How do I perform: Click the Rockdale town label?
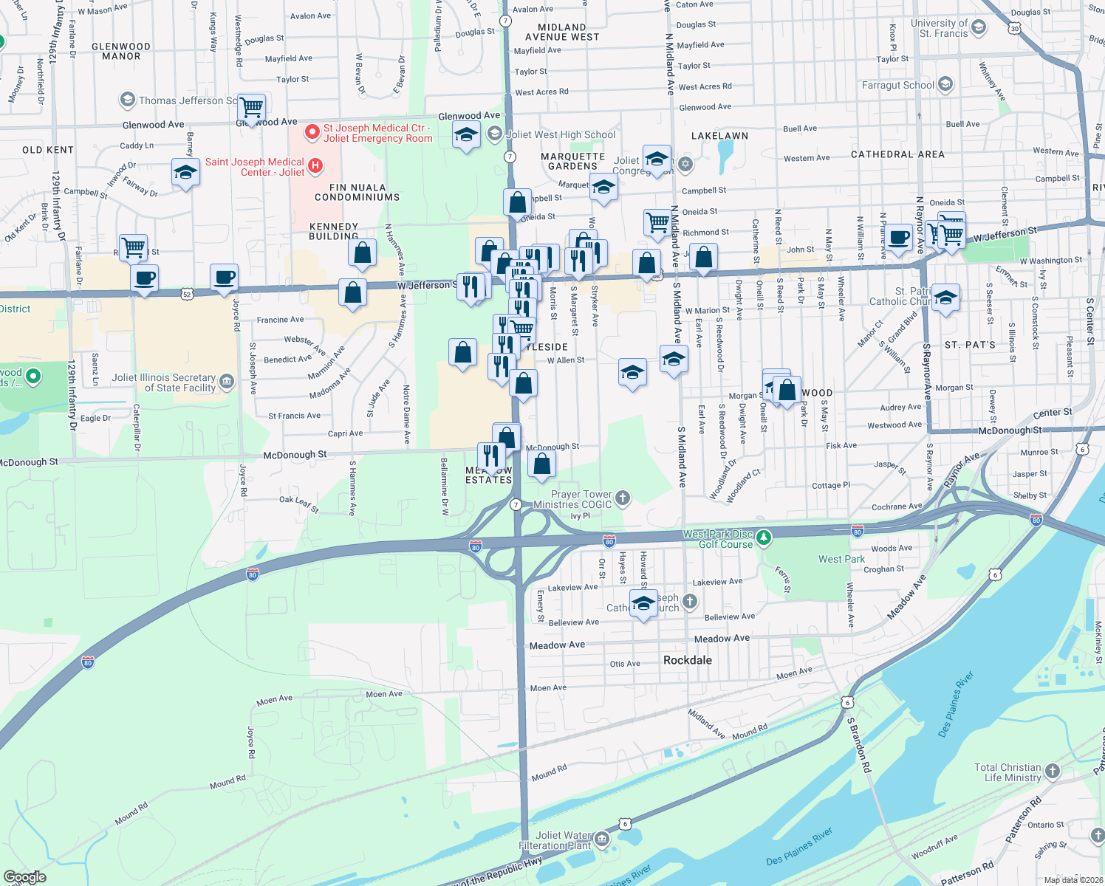[687, 660]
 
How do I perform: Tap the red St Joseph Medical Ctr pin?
[312, 132]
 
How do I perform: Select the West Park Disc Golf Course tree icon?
[764, 538]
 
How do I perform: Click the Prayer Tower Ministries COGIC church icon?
[623, 498]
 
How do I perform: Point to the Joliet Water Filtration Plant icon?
[602, 839]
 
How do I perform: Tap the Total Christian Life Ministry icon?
[1053, 772]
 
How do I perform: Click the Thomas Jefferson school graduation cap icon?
[128, 100]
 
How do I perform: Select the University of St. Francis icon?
[979, 28]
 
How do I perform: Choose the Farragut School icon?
[945, 84]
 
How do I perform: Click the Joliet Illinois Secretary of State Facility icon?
[227, 382]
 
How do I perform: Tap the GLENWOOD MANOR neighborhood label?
[121, 51]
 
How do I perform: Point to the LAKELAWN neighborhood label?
[719, 136]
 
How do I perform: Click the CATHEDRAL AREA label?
[897, 154]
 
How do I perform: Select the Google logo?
[25, 876]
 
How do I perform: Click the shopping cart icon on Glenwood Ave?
[252, 108]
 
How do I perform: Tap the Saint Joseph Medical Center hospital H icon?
[315, 165]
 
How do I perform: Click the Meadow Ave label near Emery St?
[557, 645]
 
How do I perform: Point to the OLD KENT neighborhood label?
[48, 150]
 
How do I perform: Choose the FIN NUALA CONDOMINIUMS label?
[357, 193]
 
